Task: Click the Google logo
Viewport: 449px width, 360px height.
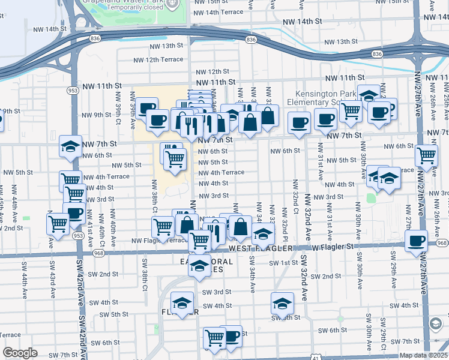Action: coord(20,353)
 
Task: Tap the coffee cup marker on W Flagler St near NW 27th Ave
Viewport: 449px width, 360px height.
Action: coord(416,241)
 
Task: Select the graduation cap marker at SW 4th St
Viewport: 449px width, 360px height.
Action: coord(282,303)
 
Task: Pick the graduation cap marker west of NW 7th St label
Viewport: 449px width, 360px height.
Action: coord(70,146)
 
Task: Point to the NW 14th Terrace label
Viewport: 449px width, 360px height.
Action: coord(218,12)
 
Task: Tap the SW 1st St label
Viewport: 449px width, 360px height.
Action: coord(283,263)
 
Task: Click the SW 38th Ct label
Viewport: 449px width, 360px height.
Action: coord(145,271)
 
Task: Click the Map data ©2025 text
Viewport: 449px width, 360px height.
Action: coord(423,355)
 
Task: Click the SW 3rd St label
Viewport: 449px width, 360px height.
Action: coord(217,292)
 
